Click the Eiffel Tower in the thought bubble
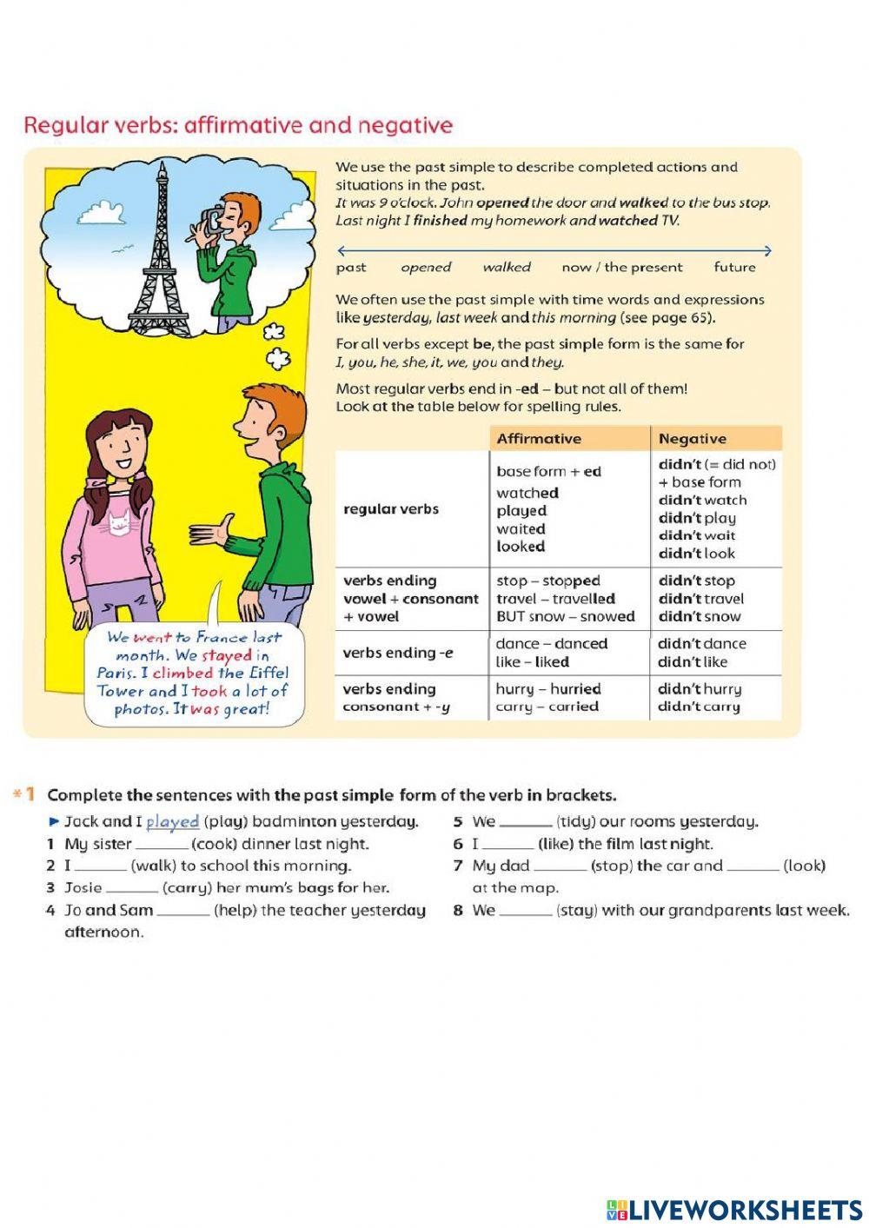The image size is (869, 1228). pyautogui.click(x=159, y=252)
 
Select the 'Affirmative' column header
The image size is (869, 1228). pyautogui.click(x=539, y=439)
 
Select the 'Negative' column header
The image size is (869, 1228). pyautogui.click(x=692, y=439)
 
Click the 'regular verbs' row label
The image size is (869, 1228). pyautogui.click(x=391, y=509)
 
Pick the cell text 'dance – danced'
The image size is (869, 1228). pyautogui.click(x=551, y=644)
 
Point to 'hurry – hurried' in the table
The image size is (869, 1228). pyautogui.click(x=547, y=688)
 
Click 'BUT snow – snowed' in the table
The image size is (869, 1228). pyautogui.click(x=565, y=616)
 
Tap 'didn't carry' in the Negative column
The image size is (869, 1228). pyautogui.click(x=699, y=707)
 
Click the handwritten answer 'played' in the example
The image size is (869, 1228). pyautogui.click(x=172, y=821)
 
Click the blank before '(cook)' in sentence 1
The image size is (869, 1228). pyautogui.click(x=162, y=844)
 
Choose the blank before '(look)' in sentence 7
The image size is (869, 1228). pyautogui.click(x=753, y=866)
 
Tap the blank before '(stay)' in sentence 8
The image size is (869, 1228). pyautogui.click(x=525, y=911)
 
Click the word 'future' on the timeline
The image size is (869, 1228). pyautogui.click(x=734, y=268)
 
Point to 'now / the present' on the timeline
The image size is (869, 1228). pyautogui.click(x=621, y=268)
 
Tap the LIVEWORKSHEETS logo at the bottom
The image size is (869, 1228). pyautogui.click(x=733, y=1209)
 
